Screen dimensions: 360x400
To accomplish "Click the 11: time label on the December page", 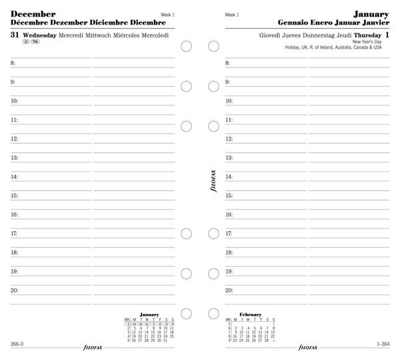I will tap(15, 120).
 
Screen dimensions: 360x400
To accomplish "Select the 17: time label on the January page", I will tap(229, 234).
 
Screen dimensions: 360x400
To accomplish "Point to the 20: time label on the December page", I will tap(15, 291).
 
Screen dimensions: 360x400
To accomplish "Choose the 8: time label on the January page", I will tap(228, 63).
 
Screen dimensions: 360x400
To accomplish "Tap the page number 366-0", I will tap(18, 343).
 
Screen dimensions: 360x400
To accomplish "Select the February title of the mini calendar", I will tap(251, 313).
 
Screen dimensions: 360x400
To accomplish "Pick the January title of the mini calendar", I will tap(150, 313).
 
